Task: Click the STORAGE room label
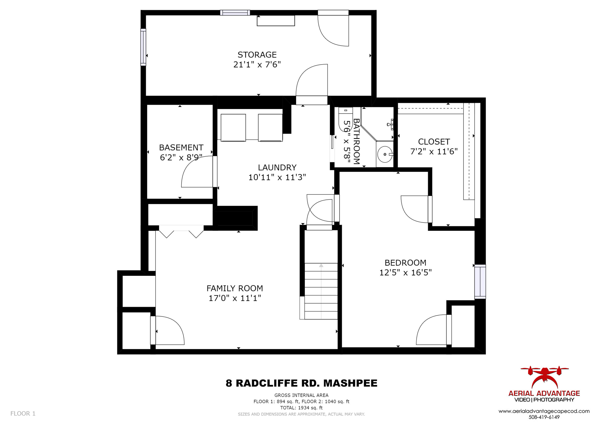[257, 55]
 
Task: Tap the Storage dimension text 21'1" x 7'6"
[257, 64]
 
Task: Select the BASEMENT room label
[181, 148]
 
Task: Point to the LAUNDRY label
[277, 168]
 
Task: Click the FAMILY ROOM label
[235, 289]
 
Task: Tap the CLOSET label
[434, 142]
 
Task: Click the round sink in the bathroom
[385, 154]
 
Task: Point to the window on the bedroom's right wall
[480, 282]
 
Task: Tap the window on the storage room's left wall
[143, 47]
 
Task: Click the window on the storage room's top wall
[235, 13]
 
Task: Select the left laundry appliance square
[233, 128]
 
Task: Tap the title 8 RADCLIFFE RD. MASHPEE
[301, 383]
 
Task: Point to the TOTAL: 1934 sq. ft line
[301, 408]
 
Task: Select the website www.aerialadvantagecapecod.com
[544, 412]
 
